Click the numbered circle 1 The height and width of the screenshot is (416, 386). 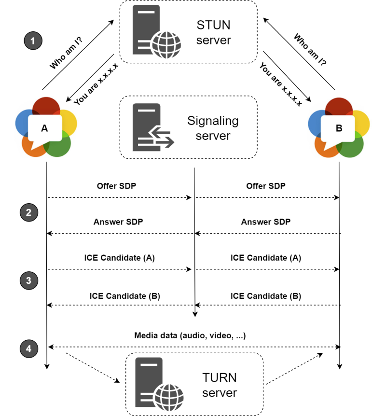click(x=33, y=41)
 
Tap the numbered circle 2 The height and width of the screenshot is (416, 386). click(x=29, y=212)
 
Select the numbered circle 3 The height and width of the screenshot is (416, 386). click(x=29, y=280)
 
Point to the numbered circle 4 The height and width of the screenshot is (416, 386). click(x=29, y=347)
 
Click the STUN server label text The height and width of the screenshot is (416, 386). click(x=214, y=32)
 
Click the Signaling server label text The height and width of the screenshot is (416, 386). click(x=213, y=128)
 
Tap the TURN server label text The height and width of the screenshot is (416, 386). click(x=220, y=385)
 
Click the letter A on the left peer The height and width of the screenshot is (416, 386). click(x=45, y=128)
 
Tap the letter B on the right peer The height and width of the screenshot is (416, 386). click(x=339, y=128)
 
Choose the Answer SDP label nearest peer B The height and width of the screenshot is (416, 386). click(x=266, y=222)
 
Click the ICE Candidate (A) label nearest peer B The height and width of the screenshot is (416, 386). click(x=266, y=258)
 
